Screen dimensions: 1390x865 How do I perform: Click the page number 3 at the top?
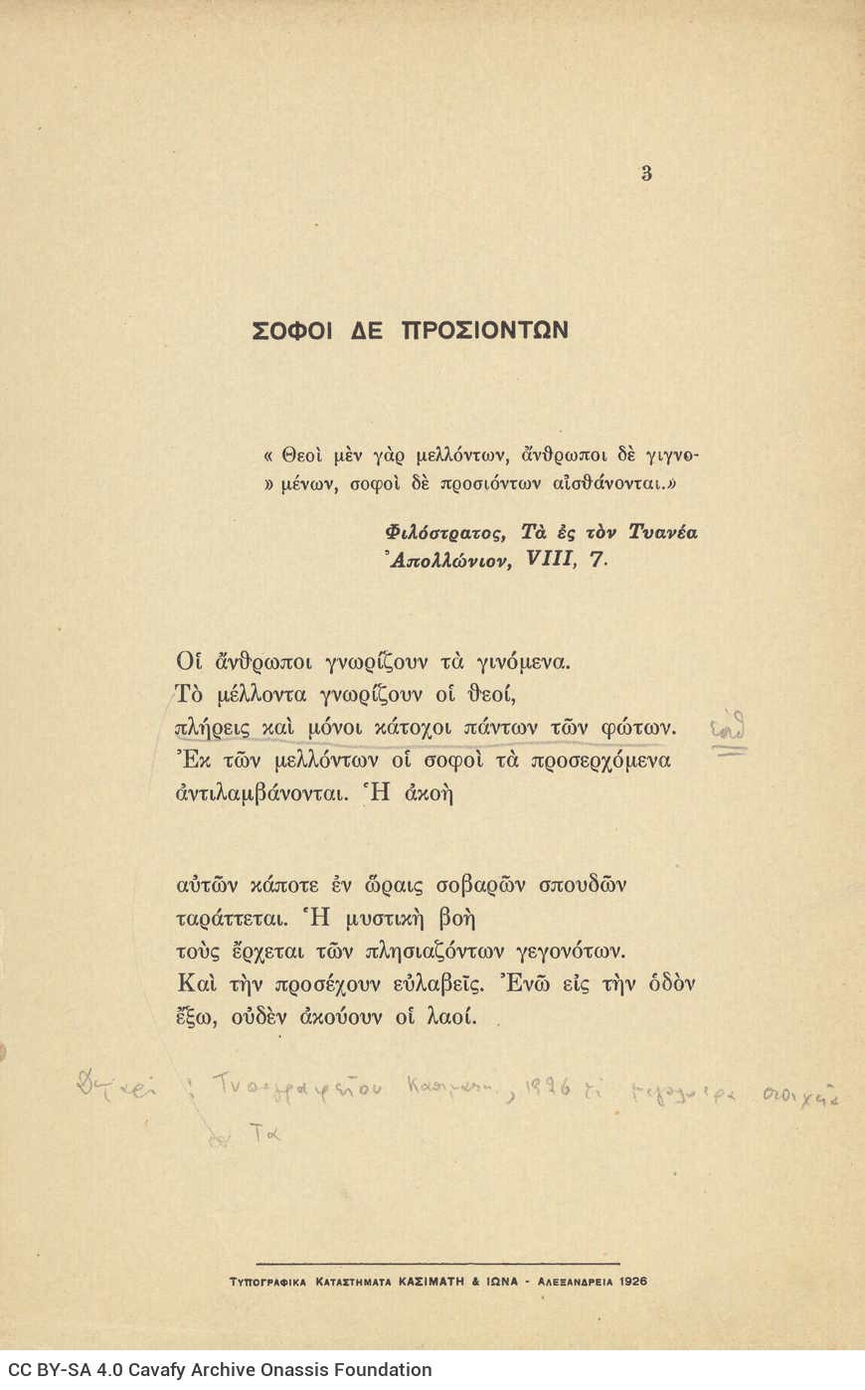[646, 173]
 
